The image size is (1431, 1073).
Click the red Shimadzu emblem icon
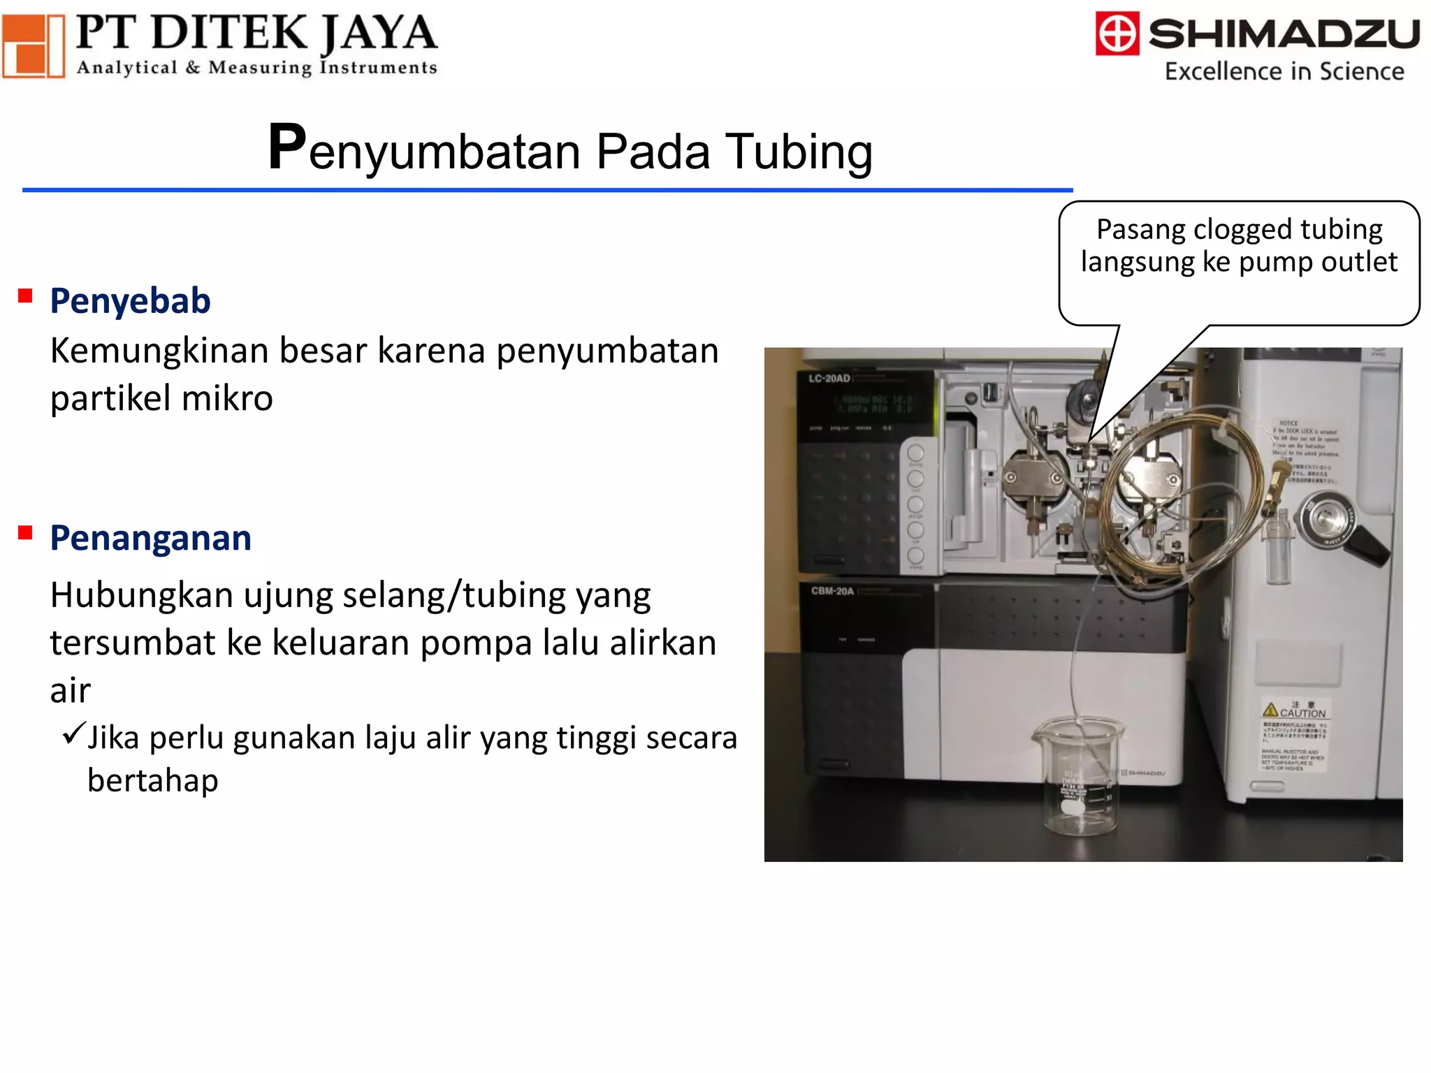tap(1117, 33)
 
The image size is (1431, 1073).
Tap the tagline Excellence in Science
tap(1284, 71)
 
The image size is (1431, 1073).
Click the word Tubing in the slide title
tap(799, 152)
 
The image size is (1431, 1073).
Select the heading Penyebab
tap(131, 301)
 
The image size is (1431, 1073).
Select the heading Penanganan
tap(151, 538)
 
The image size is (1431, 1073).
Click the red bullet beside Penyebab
tap(26, 296)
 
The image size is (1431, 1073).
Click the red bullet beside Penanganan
tap(26, 534)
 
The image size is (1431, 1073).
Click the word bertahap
tap(153, 780)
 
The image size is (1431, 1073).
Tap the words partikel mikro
tap(161, 399)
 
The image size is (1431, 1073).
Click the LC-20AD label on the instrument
tap(829, 379)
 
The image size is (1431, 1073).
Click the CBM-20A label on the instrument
tap(832, 591)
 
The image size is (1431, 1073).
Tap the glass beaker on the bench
tap(1078, 779)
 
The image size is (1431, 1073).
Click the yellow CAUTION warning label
tap(1295, 711)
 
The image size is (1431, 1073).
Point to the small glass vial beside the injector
tap(1278, 546)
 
